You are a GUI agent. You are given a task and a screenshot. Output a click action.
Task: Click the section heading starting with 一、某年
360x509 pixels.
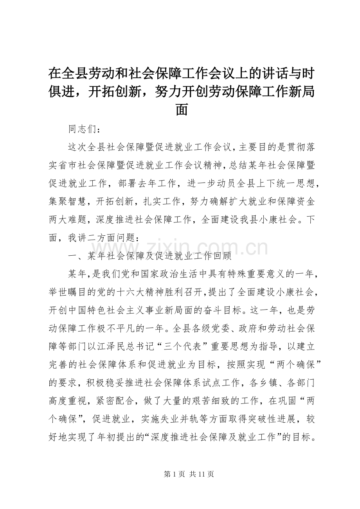(x=150, y=256)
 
